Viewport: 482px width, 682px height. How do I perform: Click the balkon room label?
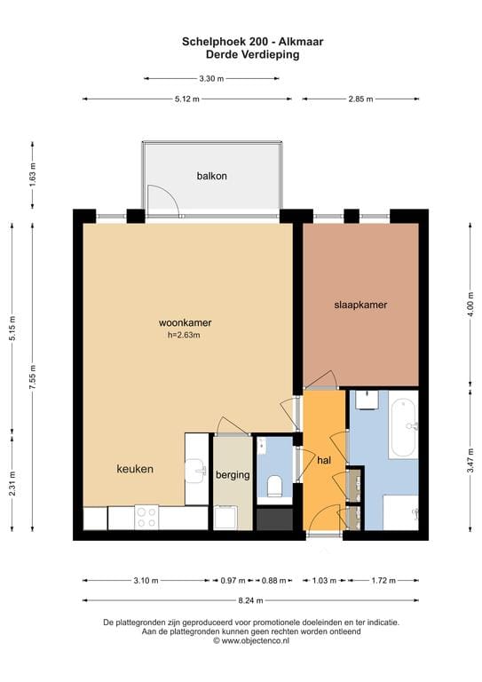pyautogui.click(x=211, y=176)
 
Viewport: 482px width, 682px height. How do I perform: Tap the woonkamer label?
pyautogui.click(x=186, y=322)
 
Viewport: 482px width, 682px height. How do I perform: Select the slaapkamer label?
pyautogui.click(x=360, y=305)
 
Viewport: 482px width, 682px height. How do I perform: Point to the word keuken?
pyautogui.click(x=135, y=469)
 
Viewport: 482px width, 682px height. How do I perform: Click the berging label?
pyautogui.click(x=233, y=475)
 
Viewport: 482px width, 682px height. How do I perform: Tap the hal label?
pyautogui.click(x=324, y=460)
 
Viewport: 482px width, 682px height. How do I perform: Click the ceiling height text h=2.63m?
pyautogui.click(x=184, y=335)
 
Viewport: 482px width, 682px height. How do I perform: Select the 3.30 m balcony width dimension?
pyautogui.click(x=211, y=79)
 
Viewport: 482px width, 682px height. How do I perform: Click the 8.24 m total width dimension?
pyautogui.click(x=251, y=600)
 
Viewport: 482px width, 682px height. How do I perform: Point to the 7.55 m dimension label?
pyautogui.click(x=33, y=377)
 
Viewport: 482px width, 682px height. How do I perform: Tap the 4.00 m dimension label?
pyautogui.click(x=470, y=305)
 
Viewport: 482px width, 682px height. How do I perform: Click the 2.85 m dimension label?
pyautogui.click(x=360, y=99)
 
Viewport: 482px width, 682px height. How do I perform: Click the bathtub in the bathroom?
pyautogui.click(x=404, y=429)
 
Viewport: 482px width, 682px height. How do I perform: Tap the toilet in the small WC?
pyautogui.click(x=274, y=486)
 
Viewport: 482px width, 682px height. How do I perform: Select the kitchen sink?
pyautogui.click(x=196, y=471)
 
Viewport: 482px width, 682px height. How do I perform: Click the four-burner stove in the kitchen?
pyautogui.click(x=146, y=518)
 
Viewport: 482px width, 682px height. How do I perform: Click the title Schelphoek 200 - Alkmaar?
pyautogui.click(x=252, y=42)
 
